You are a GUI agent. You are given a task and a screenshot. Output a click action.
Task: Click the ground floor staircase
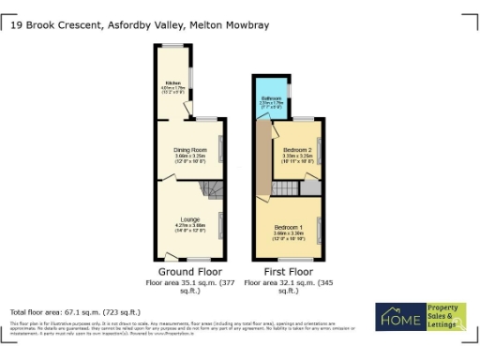pyautogui.click(x=215, y=190)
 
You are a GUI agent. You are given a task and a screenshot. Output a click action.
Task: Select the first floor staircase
pyautogui.click(x=283, y=188)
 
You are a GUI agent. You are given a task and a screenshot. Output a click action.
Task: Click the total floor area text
pyautogui.click(x=75, y=311)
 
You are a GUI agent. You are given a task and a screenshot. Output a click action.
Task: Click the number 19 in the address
pyautogui.click(x=15, y=26)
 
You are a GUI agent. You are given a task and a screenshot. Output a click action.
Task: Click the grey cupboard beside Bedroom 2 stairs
pyautogui.click(x=308, y=188)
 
